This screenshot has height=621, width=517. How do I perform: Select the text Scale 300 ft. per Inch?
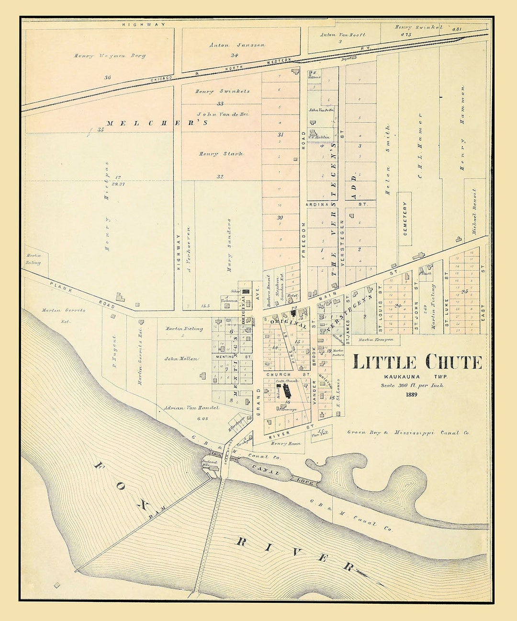[x=412, y=385]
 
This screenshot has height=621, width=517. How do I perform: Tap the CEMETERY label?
[x=405, y=218]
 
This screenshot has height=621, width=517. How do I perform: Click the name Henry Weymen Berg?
[x=110, y=56]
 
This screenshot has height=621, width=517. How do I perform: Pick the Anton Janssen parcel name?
[x=231, y=45]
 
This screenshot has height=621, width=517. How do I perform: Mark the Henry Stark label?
[x=221, y=154]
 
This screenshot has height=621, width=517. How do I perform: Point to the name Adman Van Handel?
[x=191, y=408]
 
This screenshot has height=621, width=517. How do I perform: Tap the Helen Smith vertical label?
[x=388, y=160]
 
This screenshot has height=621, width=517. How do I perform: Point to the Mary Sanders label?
[x=229, y=245]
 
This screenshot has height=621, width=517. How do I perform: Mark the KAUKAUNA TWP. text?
[x=412, y=377]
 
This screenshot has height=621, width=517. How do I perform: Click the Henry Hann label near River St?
[x=286, y=444]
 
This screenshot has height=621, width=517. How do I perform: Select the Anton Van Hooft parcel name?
[x=343, y=34]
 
